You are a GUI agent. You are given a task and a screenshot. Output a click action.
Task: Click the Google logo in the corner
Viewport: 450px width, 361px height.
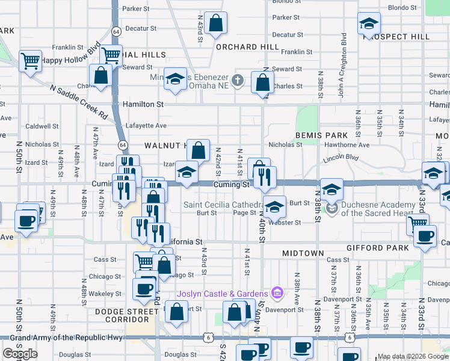point(20,354)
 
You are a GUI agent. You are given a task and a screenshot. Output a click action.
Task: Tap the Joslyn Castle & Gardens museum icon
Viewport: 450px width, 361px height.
point(277,293)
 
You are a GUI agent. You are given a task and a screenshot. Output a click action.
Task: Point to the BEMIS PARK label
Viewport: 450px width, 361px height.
point(322,135)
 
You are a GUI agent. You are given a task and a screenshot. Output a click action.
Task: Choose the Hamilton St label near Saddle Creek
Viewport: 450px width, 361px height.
point(143,104)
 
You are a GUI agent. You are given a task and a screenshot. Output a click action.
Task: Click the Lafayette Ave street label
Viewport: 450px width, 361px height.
point(146,126)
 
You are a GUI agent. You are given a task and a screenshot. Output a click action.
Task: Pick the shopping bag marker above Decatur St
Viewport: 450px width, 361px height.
point(215,24)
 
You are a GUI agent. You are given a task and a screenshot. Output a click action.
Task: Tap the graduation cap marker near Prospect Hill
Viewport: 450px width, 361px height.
point(369,24)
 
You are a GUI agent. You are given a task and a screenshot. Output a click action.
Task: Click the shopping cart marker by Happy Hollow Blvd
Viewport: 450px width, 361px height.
point(29,61)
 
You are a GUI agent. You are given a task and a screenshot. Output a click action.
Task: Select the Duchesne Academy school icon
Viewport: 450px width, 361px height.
point(331,208)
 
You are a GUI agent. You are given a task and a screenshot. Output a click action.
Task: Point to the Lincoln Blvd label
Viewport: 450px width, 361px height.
point(340,158)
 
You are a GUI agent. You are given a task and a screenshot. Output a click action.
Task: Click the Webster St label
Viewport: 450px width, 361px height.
point(286,223)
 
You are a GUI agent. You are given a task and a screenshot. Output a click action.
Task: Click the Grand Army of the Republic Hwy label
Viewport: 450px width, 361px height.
point(66,338)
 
